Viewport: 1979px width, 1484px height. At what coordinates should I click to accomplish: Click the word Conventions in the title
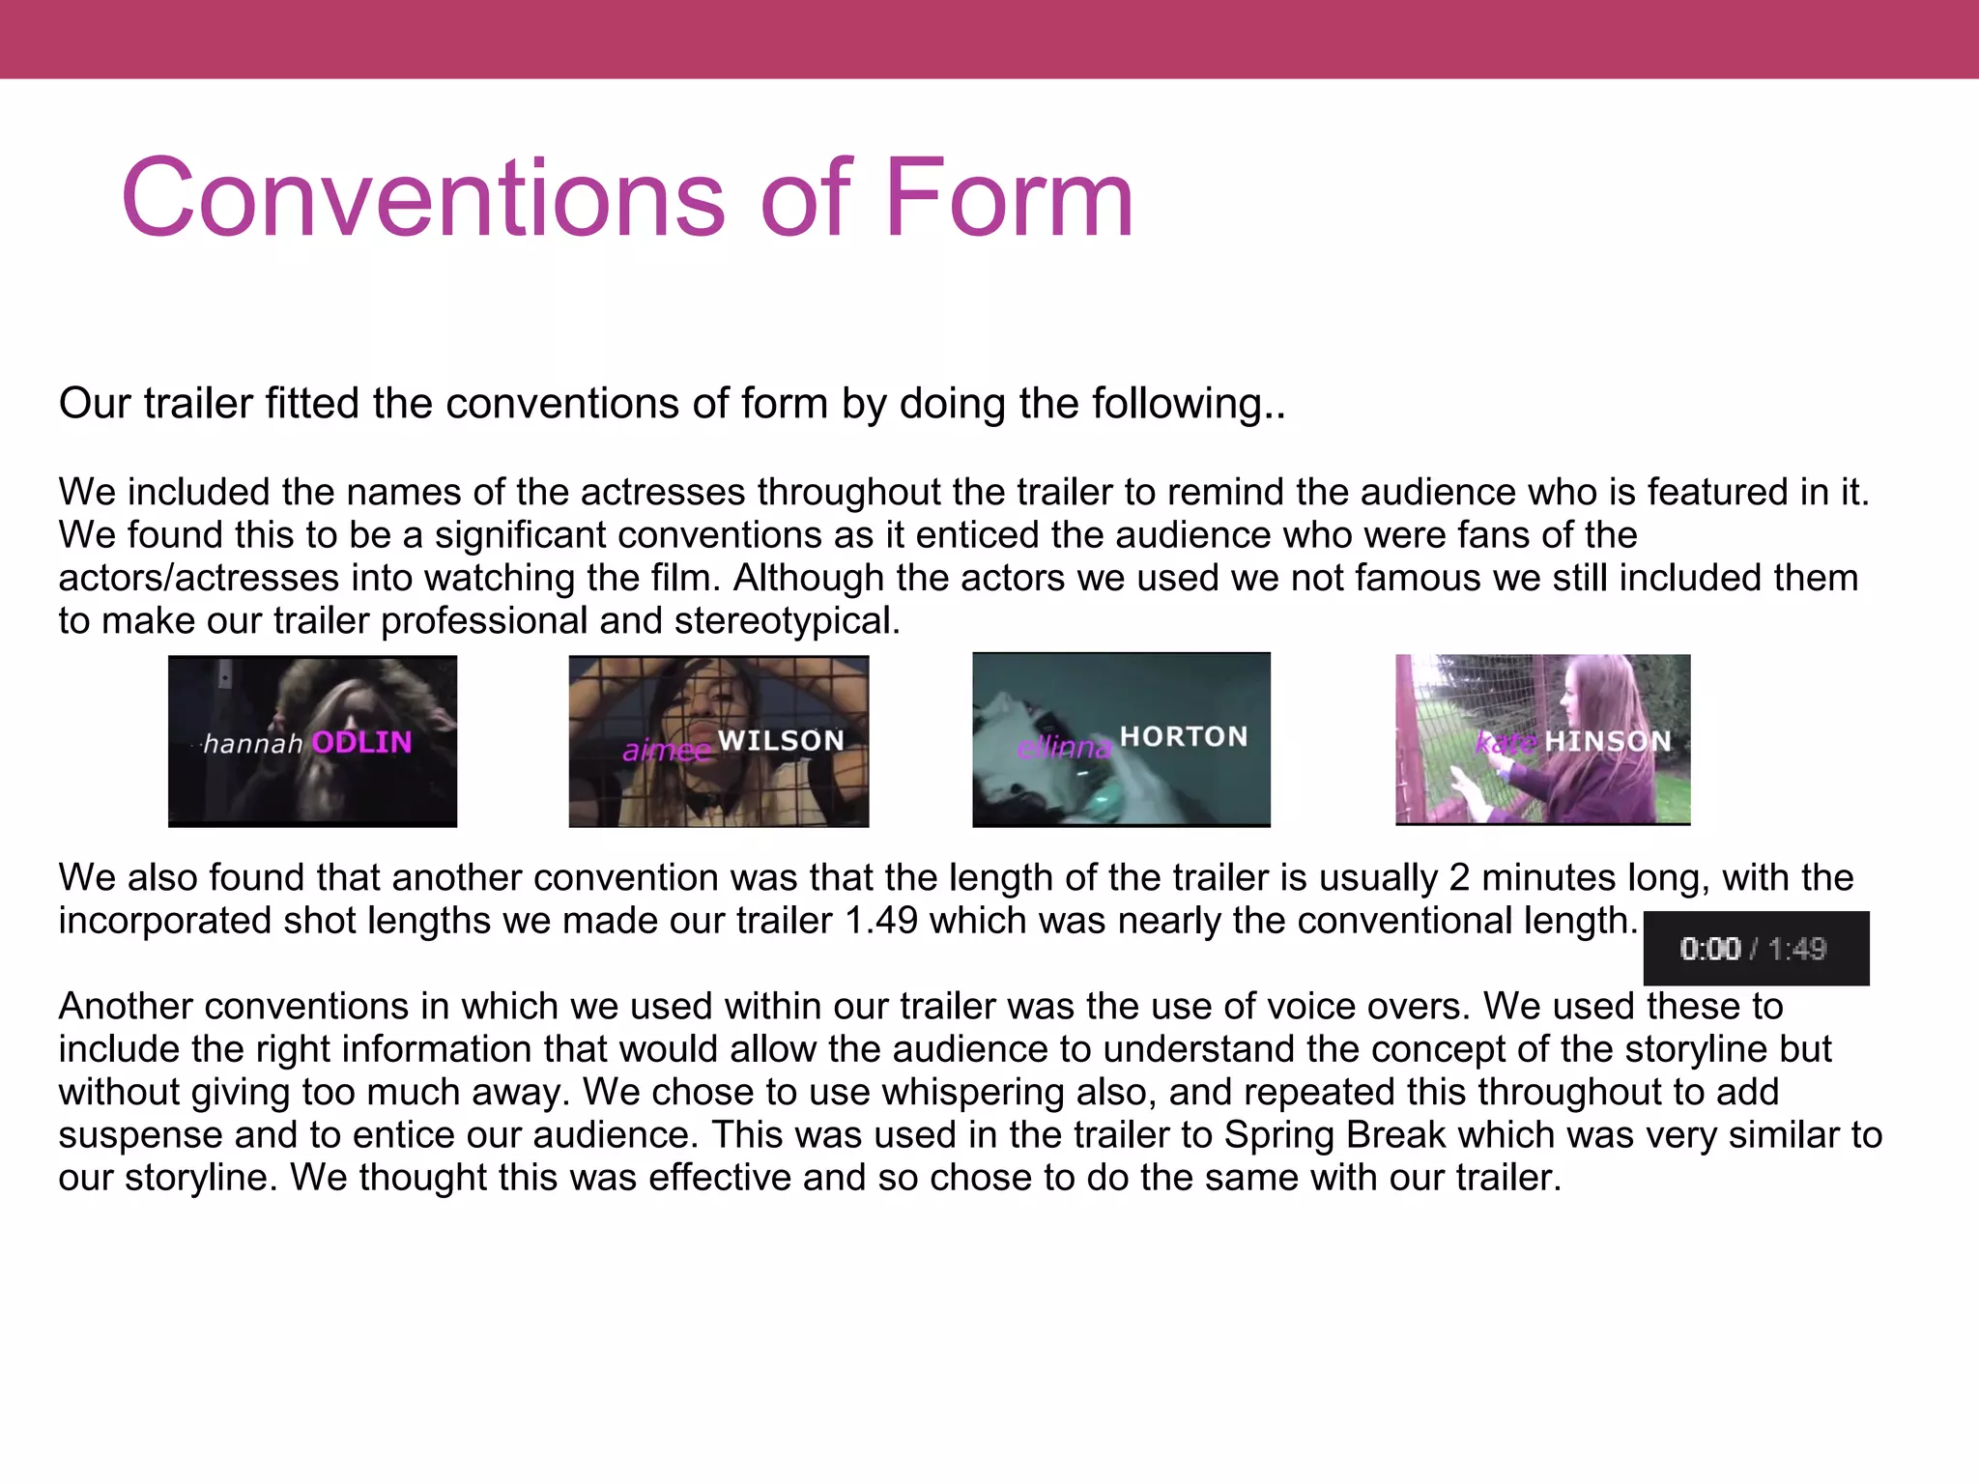point(422,198)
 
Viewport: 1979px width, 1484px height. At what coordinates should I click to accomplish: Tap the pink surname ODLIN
point(361,742)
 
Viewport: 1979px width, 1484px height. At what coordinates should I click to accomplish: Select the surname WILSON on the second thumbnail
point(781,741)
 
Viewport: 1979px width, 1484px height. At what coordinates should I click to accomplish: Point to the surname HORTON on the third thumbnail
point(1184,737)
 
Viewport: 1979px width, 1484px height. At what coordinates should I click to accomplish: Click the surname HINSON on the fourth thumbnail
point(1607,741)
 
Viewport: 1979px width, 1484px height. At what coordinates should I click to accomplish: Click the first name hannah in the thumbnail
point(253,743)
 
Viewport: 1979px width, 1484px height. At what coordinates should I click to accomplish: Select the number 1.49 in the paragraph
point(880,921)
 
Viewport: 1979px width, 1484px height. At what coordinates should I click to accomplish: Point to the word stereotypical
point(787,621)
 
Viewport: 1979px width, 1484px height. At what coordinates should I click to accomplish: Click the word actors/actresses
point(199,579)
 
